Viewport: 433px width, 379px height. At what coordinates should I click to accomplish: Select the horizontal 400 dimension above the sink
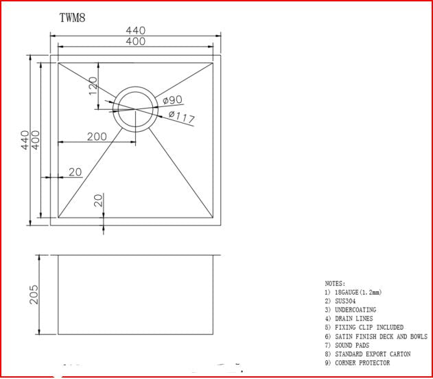135,41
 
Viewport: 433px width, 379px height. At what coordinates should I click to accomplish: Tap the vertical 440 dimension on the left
25,140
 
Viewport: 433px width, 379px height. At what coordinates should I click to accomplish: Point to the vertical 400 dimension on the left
35,140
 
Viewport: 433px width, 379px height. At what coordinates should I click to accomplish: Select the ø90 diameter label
172,101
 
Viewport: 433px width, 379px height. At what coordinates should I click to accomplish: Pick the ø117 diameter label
181,117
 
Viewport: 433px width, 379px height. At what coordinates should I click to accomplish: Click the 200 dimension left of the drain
97,137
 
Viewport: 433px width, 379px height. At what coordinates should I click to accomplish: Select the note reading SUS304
344,301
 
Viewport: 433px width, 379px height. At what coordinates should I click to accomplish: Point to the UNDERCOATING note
355,310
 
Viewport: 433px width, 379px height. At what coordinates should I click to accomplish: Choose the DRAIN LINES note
353,319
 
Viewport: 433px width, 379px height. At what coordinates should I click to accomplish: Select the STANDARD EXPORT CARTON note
372,354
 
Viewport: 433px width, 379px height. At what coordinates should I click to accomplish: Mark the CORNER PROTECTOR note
362,363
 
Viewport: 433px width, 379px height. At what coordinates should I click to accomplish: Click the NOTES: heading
335,283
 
